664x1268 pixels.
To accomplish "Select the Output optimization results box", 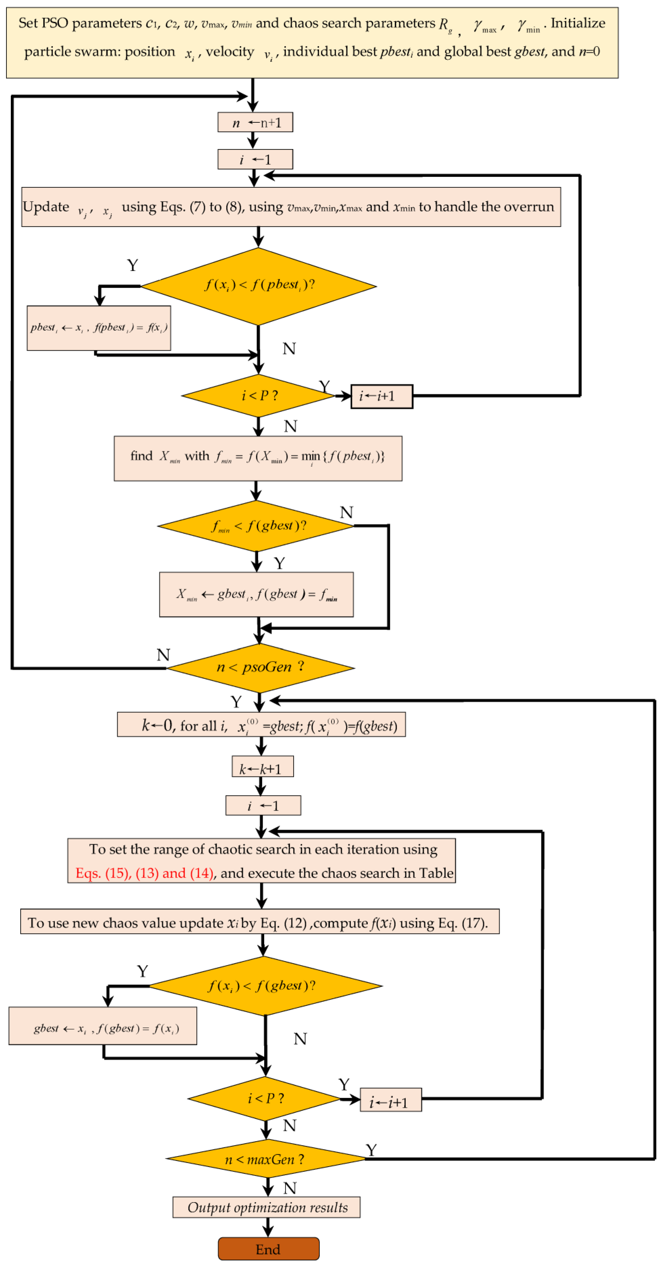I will coord(266,1207).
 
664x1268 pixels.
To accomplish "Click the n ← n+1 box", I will coord(255,122).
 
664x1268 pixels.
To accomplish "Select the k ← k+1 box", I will coord(262,768).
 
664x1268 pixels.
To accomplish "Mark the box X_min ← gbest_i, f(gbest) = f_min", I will coord(256,594).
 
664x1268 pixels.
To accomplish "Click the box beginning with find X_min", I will coord(257,458).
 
